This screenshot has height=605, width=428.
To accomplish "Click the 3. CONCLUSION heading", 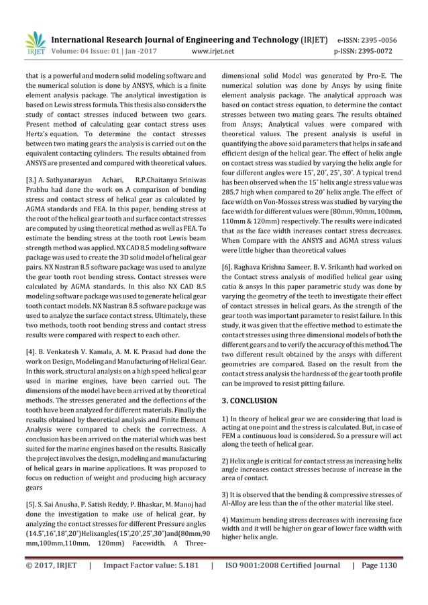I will pyautogui.click(x=249, y=400).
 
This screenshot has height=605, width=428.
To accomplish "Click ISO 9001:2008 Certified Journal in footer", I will pyautogui.click(x=282, y=565).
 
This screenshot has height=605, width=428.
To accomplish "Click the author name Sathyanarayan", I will pyautogui.click(x=74, y=180).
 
